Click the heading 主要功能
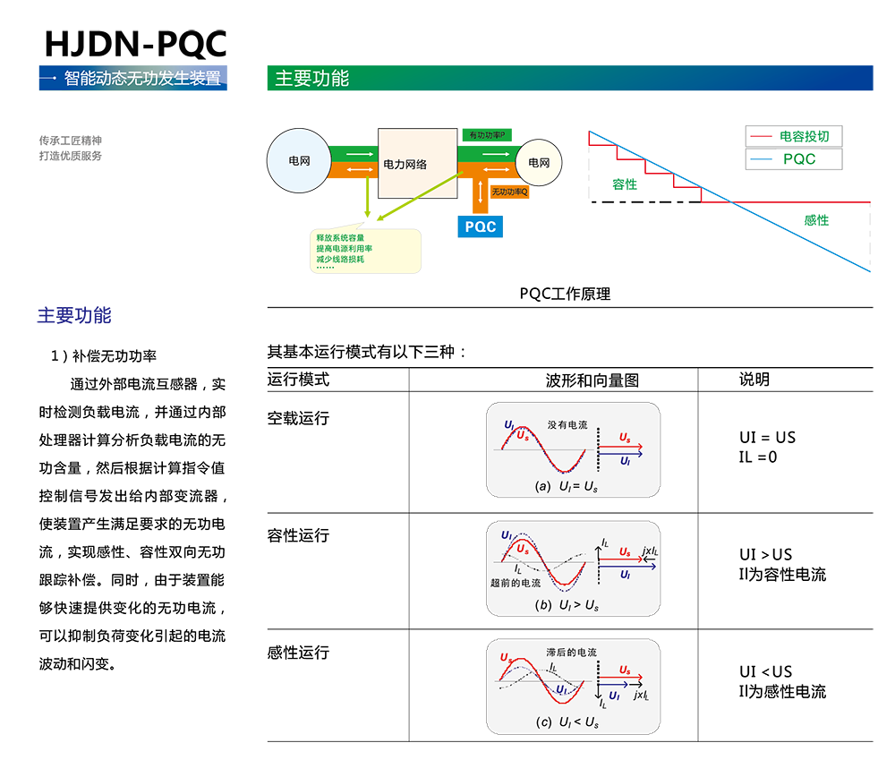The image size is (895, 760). [311, 79]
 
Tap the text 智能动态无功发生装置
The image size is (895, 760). [142, 78]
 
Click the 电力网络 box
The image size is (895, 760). [405, 164]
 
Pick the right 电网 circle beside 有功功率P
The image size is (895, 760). [538, 163]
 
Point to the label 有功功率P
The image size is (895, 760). [488, 135]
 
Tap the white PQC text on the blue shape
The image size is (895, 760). [481, 226]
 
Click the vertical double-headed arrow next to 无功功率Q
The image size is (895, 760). [482, 191]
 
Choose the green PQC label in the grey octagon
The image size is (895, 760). [798, 159]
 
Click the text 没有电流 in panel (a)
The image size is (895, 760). [567, 424]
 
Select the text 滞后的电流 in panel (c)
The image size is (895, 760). [571, 653]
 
